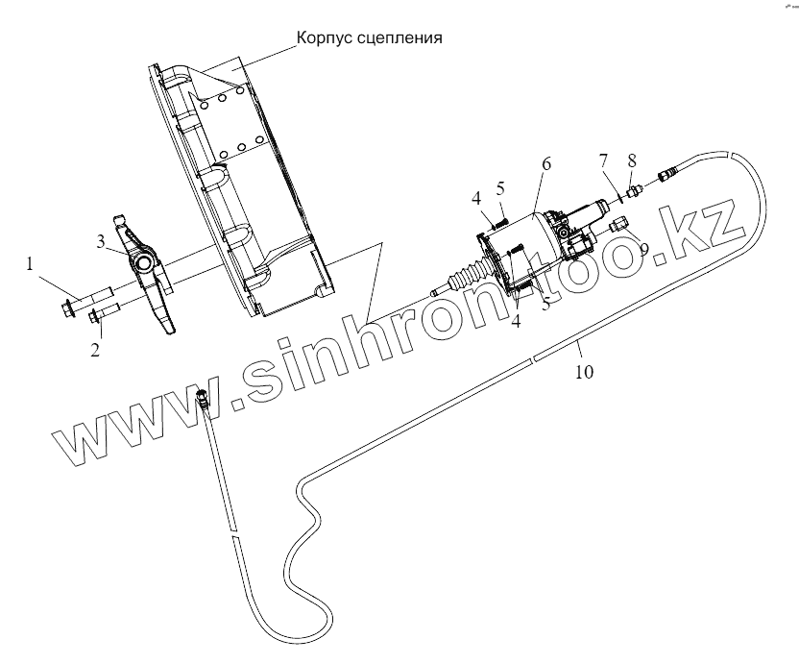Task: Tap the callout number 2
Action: click(95, 350)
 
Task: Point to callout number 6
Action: click(545, 164)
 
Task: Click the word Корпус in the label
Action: click(325, 39)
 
